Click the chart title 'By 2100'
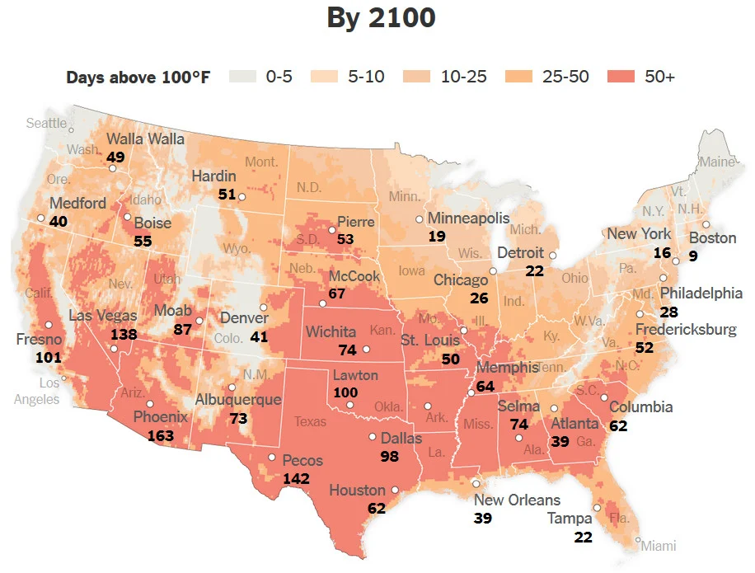pyautogui.click(x=381, y=18)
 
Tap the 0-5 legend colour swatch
pyautogui.click(x=242, y=77)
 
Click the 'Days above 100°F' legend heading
pyautogui.click(x=138, y=77)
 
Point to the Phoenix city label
pyautogui.click(x=161, y=417)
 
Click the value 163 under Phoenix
pyautogui.click(x=161, y=435)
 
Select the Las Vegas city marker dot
pyautogui.click(x=114, y=349)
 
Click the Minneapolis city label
pyautogui.click(x=469, y=218)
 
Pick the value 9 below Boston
pyautogui.click(x=693, y=256)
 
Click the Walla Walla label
pyautogui.click(x=145, y=139)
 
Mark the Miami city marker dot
pyautogui.click(x=638, y=541)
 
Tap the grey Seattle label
pyautogui.click(x=46, y=123)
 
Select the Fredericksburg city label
pyautogui.click(x=686, y=330)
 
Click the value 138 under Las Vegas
pyautogui.click(x=124, y=335)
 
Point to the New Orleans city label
pyautogui.click(x=517, y=500)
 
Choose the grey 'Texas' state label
pyautogui.click(x=310, y=421)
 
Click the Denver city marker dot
pyautogui.click(x=264, y=307)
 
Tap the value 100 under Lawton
pyautogui.click(x=345, y=392)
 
